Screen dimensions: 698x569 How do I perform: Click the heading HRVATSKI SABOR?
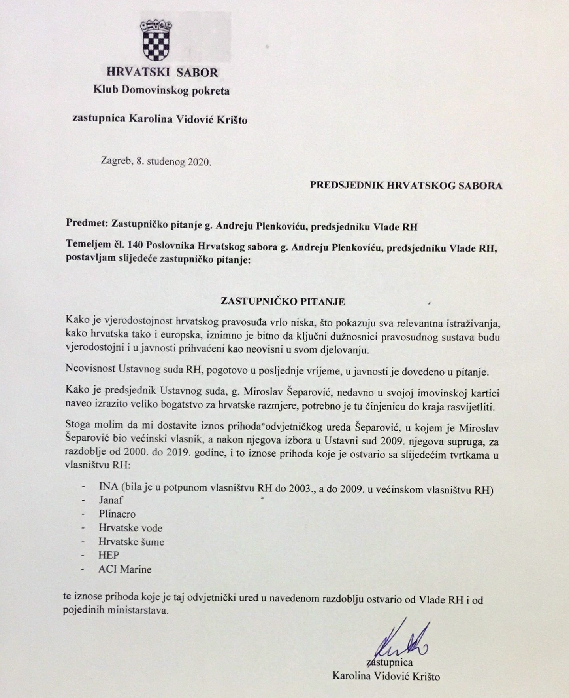(162, 73)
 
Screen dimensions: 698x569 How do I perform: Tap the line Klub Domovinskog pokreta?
(161, 91)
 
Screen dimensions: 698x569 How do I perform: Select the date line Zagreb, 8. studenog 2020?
(156, 162)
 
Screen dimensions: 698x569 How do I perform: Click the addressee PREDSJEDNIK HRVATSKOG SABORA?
(406, 186)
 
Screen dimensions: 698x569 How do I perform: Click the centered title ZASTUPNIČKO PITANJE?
(283, 302)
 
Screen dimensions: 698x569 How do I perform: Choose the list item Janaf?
(111, 500)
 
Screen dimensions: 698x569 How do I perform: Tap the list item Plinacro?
(117, 514)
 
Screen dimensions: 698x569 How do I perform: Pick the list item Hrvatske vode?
(130, 528)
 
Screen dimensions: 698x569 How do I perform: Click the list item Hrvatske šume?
(131, 542)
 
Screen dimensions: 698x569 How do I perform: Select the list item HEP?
(109, 556)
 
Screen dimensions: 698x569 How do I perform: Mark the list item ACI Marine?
(125, 569)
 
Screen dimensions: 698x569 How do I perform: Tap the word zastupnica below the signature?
(390, 662)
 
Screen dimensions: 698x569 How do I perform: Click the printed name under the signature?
(386, 676)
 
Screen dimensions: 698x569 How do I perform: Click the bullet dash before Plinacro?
(83, 514)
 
